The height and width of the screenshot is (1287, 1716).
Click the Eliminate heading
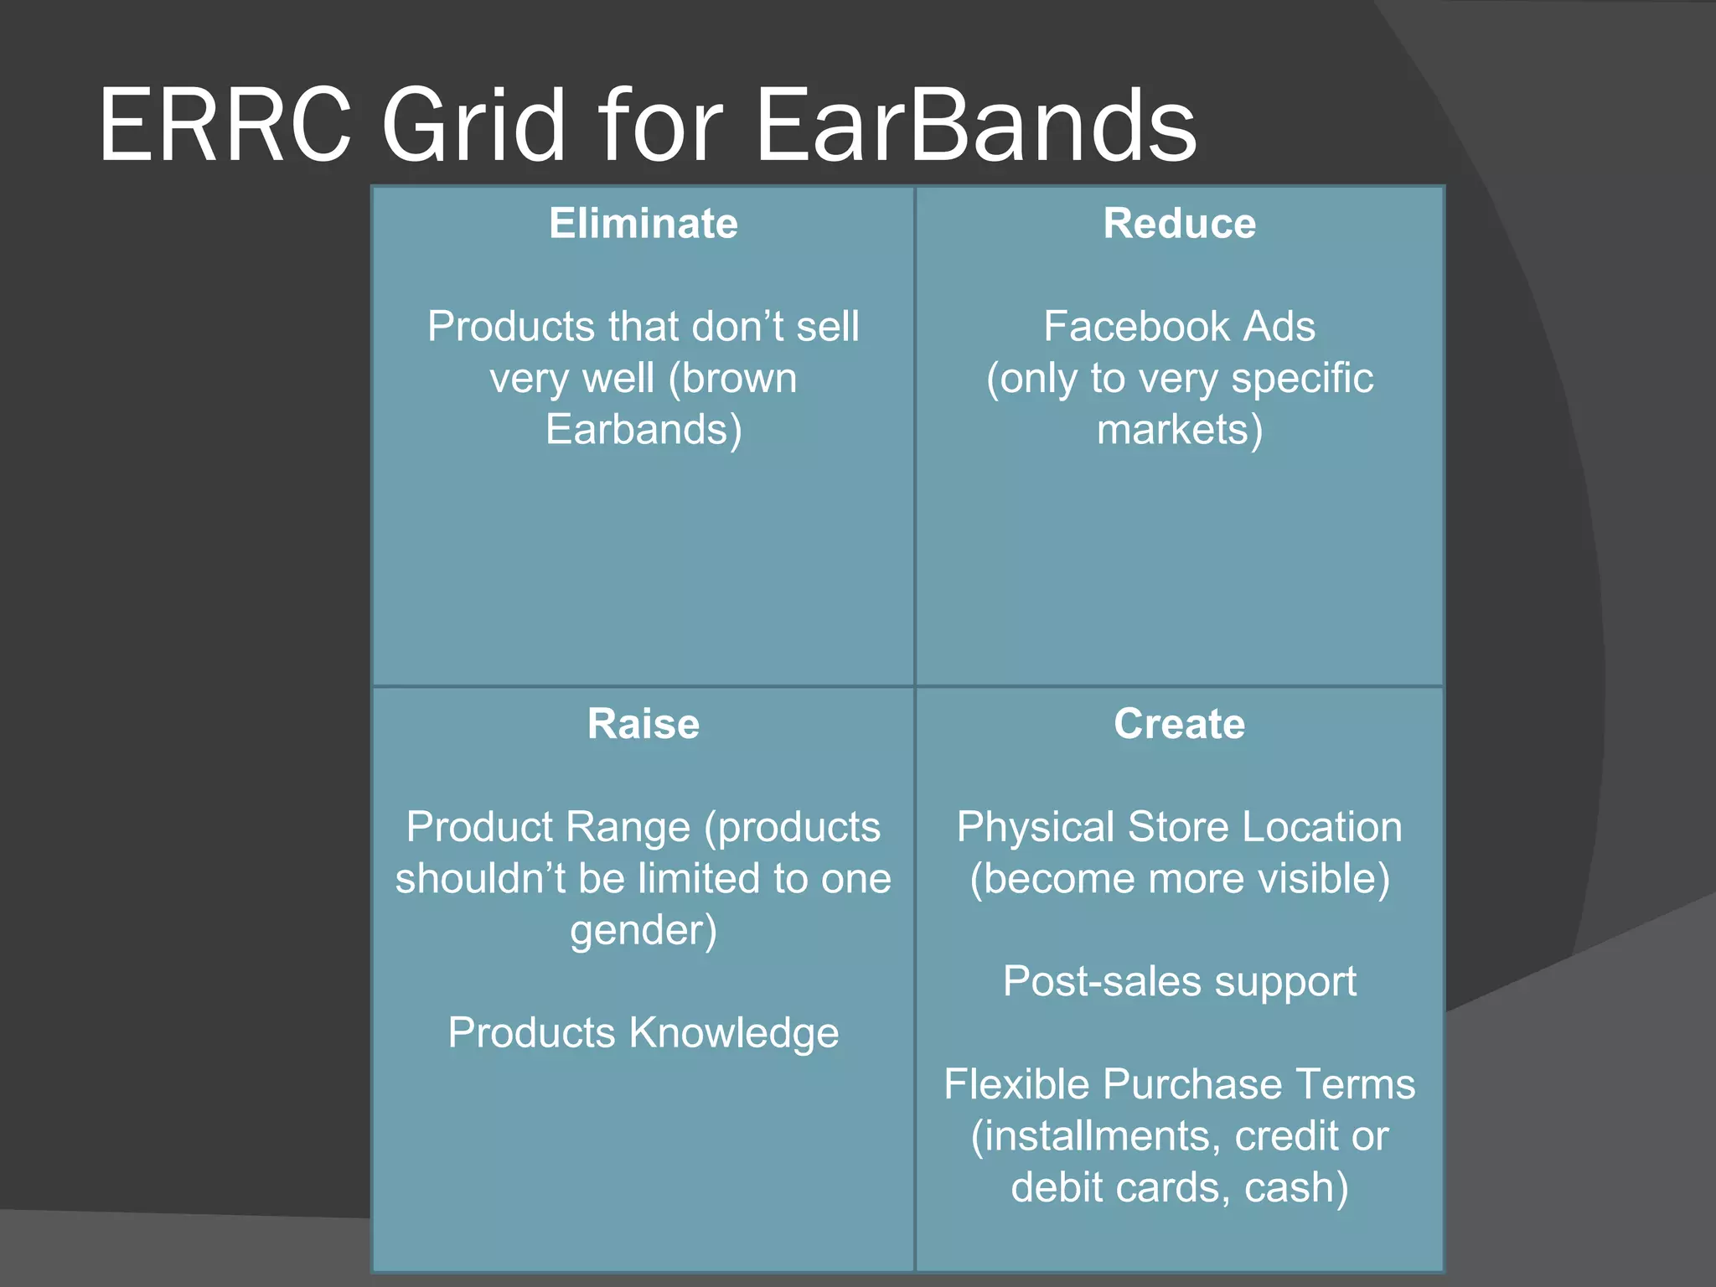[643, 224]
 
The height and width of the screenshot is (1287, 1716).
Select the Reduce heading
[1179, 224]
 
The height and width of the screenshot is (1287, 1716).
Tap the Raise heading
[643, 723]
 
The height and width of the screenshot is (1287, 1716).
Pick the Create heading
[1179, 723]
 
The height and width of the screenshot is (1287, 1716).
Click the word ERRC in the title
[225, 126]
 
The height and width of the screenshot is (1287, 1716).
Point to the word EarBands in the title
[976, 126]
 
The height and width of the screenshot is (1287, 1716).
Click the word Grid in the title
[474, 126]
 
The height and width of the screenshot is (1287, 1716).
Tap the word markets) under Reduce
[1179, 430]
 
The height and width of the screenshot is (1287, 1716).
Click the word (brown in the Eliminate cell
[732, 378]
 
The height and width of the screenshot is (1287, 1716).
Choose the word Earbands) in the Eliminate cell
[643, 430]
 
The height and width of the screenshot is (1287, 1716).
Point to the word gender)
[643, 930]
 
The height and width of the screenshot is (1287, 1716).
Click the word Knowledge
[733, 1032]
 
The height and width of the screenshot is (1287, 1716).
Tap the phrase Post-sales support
[1179, 981]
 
